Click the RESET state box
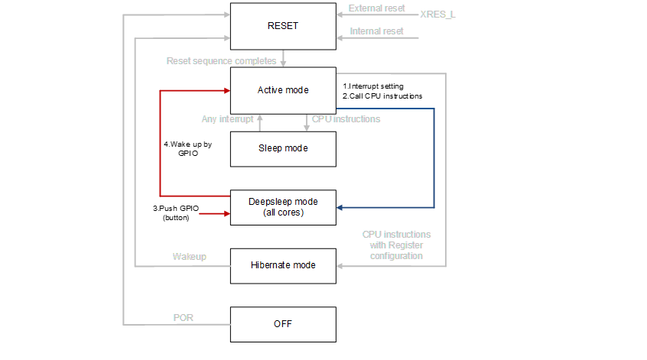[x=283, y=26]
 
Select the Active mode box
[x=283, y=90]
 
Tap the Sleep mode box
[x=283, y=148]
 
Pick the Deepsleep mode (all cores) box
[x=283, y=207]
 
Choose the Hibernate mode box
[x=283, y=265]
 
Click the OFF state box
[x=283, y=324]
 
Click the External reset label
[x=377, y=8]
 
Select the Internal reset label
[x=376, y=31]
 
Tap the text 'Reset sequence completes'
[x=222, y=60]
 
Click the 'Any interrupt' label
[x=227, y=119]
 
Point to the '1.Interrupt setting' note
[x=373, y=86]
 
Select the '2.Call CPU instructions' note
[x=382, y=96]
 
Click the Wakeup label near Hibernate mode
[x=188, y=257]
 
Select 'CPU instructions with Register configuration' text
[x=396, y=245]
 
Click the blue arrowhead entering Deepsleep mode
[x=341, y=207]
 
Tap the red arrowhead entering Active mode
[x=226, y=90]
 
